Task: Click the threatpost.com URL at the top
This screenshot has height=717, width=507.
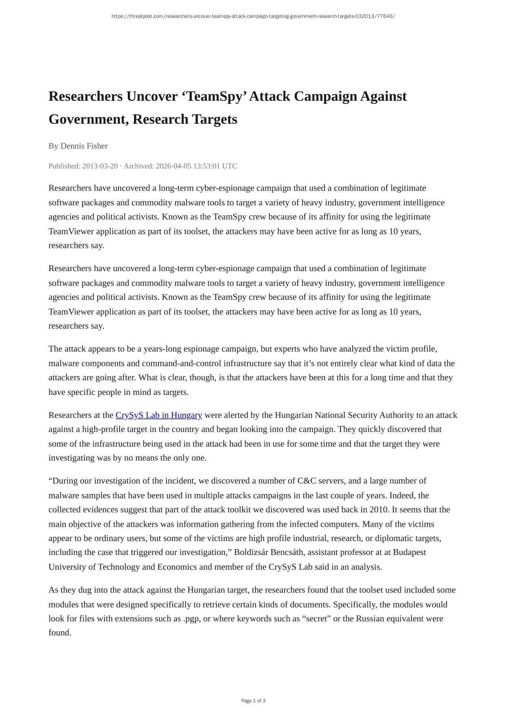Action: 253,16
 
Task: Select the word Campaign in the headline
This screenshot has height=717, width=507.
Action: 326,96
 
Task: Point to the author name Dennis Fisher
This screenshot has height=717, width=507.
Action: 84,146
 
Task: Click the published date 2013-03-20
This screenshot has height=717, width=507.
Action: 100,166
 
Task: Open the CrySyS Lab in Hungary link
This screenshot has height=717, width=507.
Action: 159,415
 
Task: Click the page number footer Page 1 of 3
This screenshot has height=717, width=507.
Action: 253,701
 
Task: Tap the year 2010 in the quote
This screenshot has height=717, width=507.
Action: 379,510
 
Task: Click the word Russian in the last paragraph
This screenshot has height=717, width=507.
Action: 370,619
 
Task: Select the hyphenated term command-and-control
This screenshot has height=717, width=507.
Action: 181,363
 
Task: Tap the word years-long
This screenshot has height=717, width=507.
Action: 162,349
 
